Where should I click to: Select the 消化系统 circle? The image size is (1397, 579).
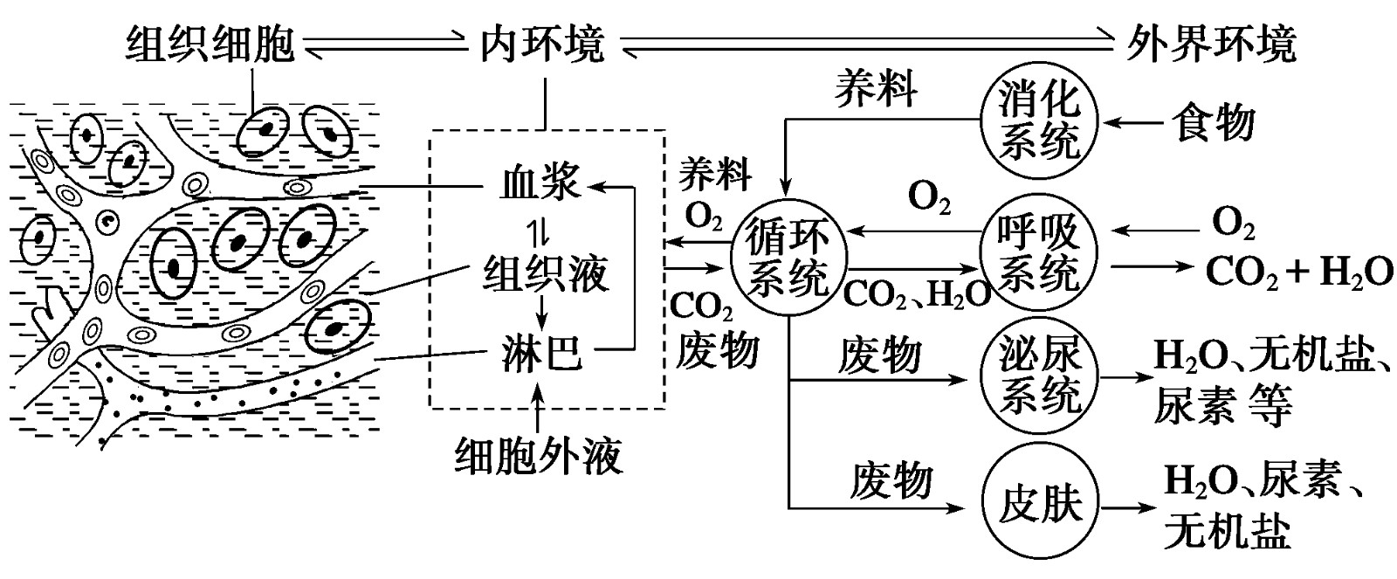click(x=1039, y=122)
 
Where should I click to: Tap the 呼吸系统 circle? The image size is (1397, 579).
click(x=1039, y=253)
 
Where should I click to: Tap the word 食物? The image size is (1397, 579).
click(x=1215, y=123)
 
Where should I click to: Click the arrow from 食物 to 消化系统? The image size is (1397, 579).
click(x=1131, y=123)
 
